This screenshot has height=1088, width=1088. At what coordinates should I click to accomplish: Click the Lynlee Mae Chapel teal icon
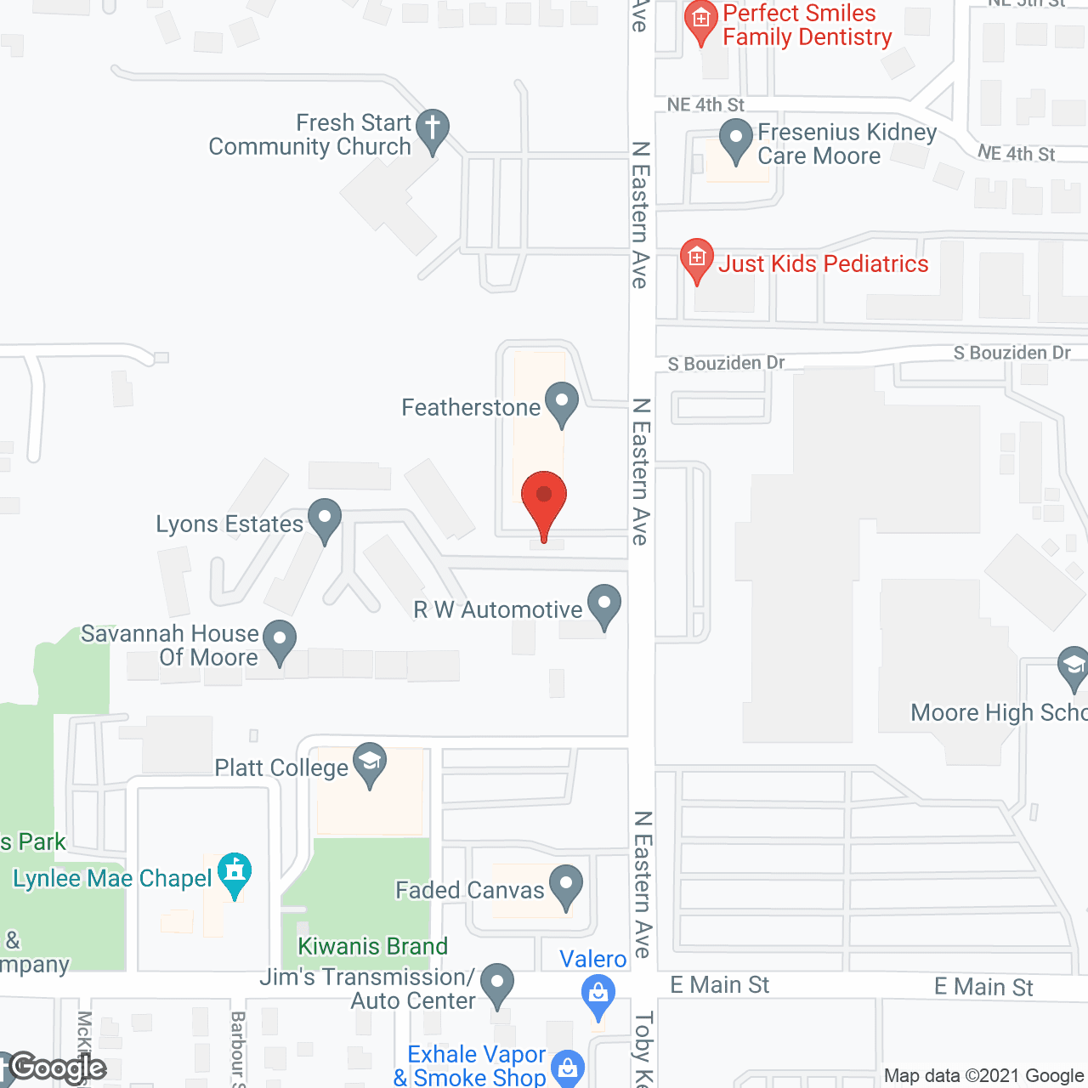(235, 872)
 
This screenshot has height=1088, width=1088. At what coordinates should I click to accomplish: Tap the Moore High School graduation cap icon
(1073, 666)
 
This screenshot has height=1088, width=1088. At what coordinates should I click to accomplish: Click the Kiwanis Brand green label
(372, 946)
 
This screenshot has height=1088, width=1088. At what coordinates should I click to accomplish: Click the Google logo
(58, 1068)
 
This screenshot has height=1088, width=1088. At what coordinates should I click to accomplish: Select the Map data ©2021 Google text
(983, 1075)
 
